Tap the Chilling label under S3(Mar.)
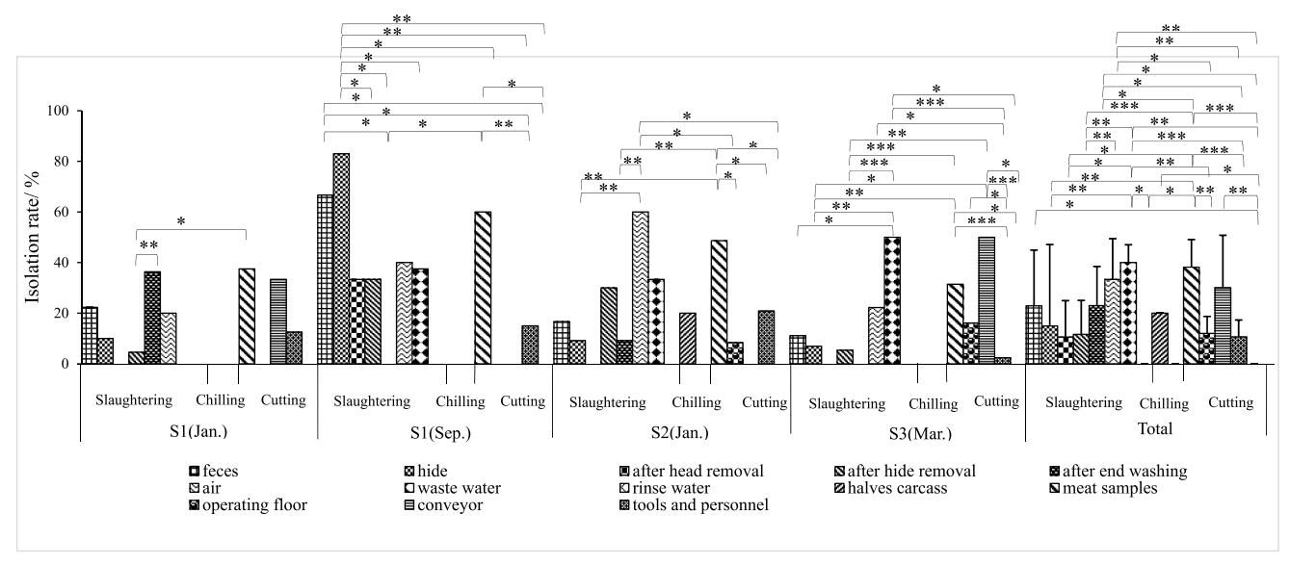(934, 403)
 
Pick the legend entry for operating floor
(245, 504)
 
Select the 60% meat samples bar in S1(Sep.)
(483, 288)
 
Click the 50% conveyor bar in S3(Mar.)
(986, 300)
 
